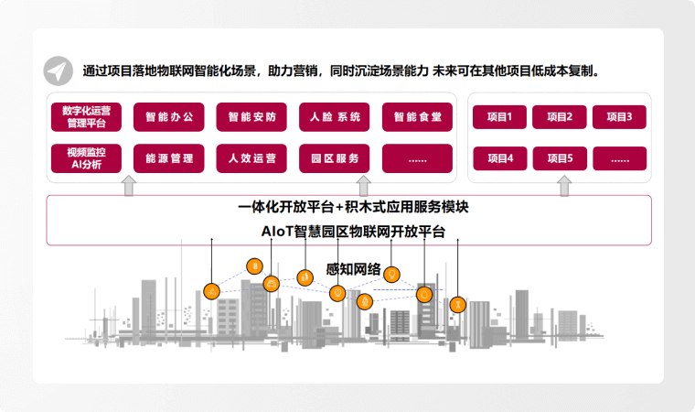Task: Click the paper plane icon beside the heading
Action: pyautogui.click(x=59, y=71)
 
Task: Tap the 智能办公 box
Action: pyautogui.click(x=169, y=117)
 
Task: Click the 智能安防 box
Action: pyautogui.click(x=251, y=117)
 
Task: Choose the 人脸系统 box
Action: pyautogui.click(x=335, y=117)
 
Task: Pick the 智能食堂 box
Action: pyautogui.click(x=417, y=117)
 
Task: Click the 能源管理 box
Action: pyautogui.click(x=169, y=158)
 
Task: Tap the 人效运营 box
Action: pyautogui.click(x=251, y=158)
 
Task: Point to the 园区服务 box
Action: pyautogui.click(x=335, y=158)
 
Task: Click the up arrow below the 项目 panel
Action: pyautogui.click(x=564, y=187)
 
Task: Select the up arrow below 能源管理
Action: pyautogui.click(x=129, y=187)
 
